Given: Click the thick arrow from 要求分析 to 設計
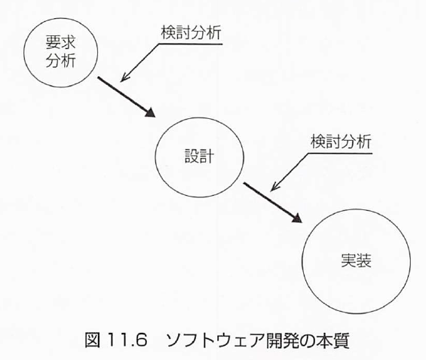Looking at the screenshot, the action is (127, 97).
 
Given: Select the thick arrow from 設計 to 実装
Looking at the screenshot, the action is (272, 203).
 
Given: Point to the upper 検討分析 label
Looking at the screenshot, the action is (192, 33).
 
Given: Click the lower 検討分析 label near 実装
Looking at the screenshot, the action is (342, 142).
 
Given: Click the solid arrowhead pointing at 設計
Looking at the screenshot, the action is (150, 113).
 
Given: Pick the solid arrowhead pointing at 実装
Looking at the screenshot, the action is (297, 218).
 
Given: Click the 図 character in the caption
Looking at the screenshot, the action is (93, 340).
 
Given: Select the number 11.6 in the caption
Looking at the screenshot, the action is (127, 340).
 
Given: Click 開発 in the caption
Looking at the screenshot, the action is (282, 340).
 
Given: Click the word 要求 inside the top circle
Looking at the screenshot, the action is (60, 42).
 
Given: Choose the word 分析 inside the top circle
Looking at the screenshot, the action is (60, 60).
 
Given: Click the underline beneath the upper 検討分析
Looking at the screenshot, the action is (191, 44).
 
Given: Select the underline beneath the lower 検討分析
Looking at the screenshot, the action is (340, 154).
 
